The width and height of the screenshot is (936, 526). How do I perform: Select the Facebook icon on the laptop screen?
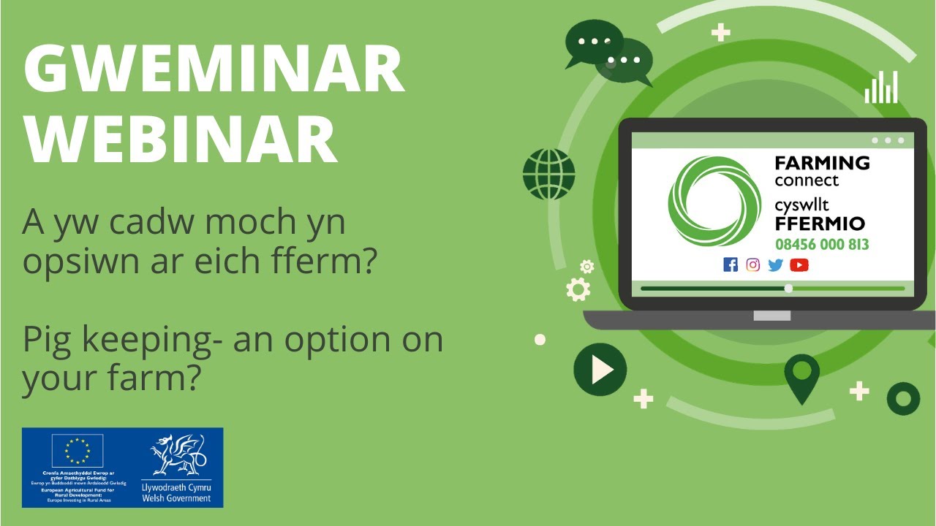pos(730,264)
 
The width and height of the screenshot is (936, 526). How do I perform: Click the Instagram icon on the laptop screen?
pos(753,264)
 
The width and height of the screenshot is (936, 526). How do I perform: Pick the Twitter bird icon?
pos(776,265)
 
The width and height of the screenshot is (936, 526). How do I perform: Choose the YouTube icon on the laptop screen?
pos(799,264)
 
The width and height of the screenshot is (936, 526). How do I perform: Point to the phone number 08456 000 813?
pos(822,244)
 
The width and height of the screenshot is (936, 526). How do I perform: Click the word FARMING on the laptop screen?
pos(822,163)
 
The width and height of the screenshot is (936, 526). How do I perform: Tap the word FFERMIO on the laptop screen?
pos(820,224)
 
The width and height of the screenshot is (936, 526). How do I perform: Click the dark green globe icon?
pos(549,174)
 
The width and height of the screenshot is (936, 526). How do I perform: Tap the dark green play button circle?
pos(600,370)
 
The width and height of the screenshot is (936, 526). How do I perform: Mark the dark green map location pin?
pos(801,376)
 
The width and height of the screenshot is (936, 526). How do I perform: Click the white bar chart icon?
pos(881,87)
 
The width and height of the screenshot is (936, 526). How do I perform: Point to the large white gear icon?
pos(578,289)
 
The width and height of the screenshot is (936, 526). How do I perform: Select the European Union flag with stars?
pos(77,451)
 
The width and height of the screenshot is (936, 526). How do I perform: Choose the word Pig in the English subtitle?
pos(45,340)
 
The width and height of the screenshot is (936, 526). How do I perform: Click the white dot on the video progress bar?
pos(788,289)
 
